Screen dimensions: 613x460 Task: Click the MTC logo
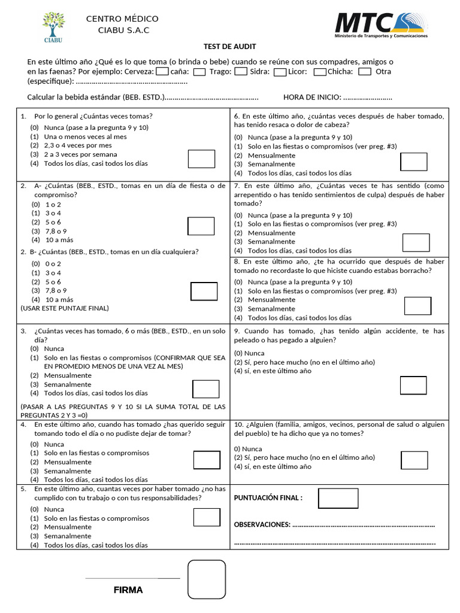(381, 26)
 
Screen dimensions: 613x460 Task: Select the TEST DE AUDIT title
(229, 47)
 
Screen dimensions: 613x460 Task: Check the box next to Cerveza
(162, 72)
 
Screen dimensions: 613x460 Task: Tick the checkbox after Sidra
(280, 72)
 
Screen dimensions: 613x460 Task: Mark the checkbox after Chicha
(365, 72)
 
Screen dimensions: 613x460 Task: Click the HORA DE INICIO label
(311, 98)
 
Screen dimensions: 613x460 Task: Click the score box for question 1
(201, 159)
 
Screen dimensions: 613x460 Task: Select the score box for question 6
(413, 162)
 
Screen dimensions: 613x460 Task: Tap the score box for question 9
(413, 386)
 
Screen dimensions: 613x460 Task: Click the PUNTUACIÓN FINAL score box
(338, 498)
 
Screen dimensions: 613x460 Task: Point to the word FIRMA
(128, 590)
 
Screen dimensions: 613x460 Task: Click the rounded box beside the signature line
(207, 579)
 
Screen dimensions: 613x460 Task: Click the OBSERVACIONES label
(262, 524)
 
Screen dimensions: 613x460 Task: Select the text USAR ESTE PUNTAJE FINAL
(65, 308)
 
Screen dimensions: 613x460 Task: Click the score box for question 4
(207, 460)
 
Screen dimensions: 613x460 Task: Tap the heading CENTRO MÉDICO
(122, 19)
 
